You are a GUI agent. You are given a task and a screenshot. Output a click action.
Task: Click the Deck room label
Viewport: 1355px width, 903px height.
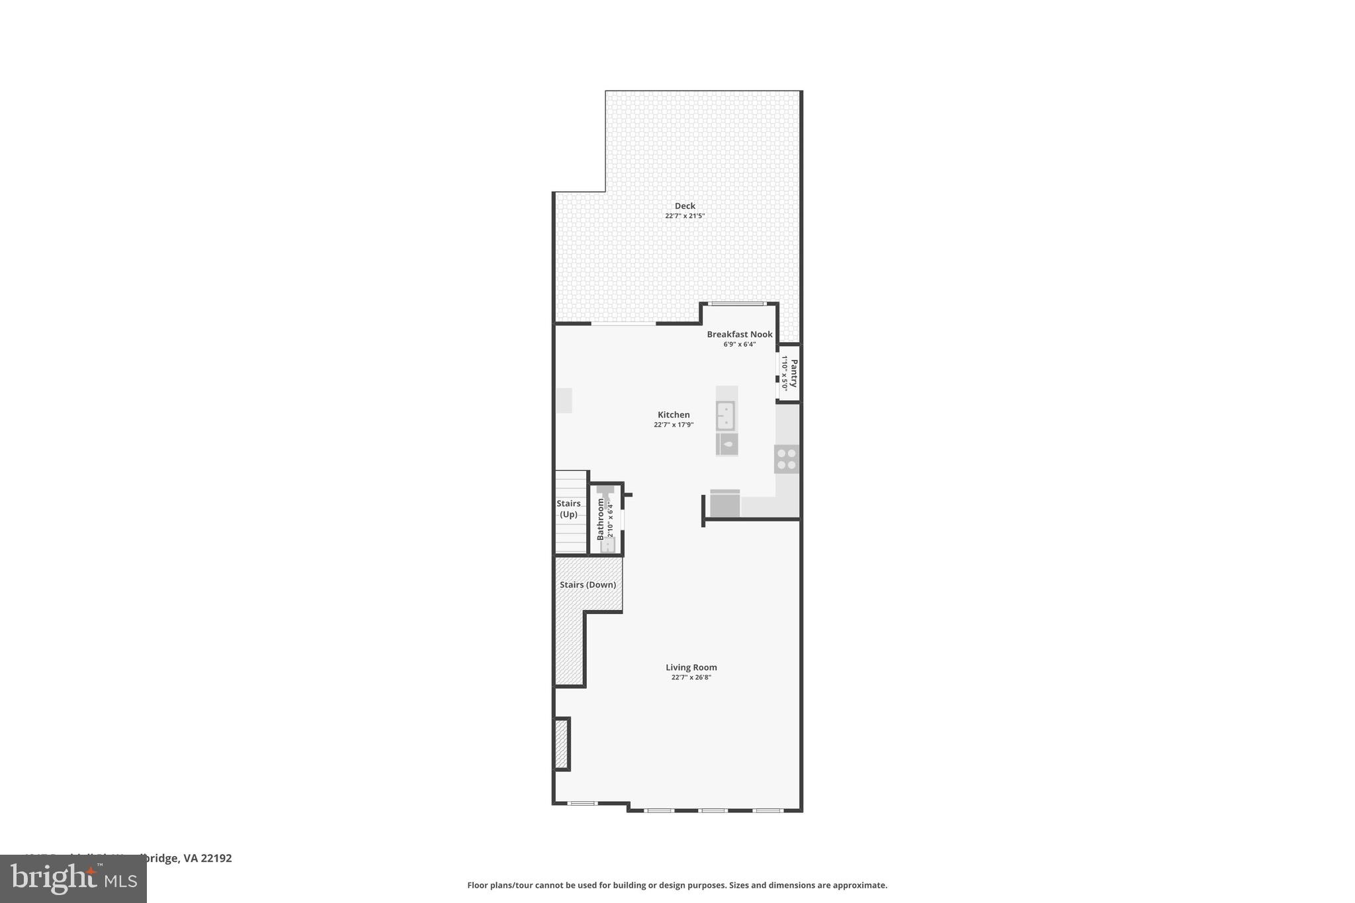(685, 206)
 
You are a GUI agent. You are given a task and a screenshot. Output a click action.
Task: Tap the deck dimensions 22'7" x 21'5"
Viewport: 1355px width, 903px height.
(685, 216)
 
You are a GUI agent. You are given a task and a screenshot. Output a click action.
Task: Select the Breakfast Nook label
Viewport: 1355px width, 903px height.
(739, 334)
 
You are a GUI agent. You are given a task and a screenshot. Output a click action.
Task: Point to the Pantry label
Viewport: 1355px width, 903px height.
(794, 373)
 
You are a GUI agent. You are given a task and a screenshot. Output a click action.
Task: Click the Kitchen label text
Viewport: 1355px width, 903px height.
(674, 415)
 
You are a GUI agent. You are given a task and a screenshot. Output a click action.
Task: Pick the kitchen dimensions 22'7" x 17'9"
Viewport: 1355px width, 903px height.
(674, 425)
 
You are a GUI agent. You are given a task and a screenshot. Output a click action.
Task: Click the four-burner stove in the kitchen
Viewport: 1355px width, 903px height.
(787, 459)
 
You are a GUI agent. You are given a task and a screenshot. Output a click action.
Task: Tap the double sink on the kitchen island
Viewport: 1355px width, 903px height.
(726, 415)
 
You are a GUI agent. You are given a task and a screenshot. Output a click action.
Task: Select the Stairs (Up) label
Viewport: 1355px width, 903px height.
(568, 509)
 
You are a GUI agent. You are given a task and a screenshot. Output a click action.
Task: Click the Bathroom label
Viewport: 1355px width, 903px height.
(601, 519)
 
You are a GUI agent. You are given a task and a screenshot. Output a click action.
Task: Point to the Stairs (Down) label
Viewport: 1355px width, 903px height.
(588, 585)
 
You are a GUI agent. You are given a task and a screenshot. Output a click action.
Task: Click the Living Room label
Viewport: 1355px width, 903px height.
(691, 667)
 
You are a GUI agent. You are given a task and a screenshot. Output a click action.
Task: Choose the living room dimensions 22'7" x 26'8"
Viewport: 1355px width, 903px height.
(691, 677)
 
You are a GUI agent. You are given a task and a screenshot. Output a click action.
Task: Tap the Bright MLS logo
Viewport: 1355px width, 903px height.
(73, 879)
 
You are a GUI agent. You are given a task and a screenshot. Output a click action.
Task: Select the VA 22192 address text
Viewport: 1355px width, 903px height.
(208, 858)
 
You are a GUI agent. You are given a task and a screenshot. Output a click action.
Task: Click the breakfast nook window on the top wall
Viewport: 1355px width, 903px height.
(738, 304)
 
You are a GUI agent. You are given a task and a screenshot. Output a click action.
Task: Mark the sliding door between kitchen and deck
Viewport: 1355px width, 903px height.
(623, 323)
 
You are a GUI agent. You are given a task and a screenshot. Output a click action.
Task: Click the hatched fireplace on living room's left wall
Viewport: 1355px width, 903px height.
(561, 744)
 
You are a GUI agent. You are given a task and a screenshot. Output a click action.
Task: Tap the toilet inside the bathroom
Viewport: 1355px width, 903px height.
(607, 544)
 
